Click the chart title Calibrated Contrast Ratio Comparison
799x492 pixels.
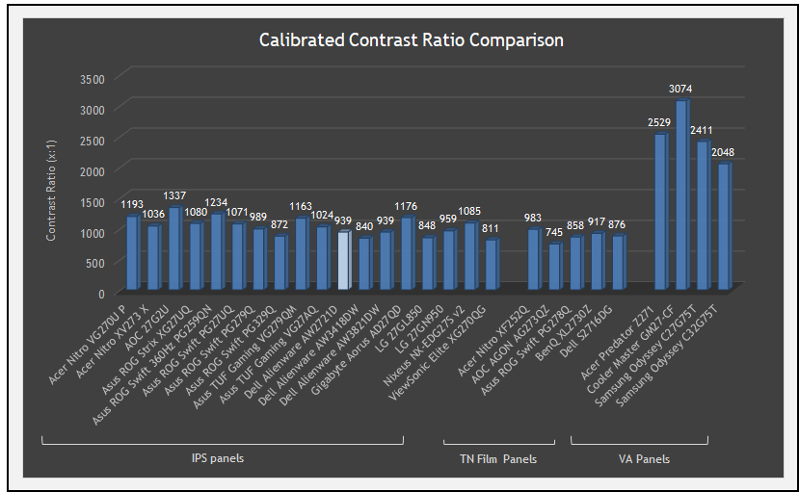pyautogui.click(x=411, y=40)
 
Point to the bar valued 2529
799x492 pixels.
pyautogui.click(x=660, y=211)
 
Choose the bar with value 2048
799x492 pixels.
pyautogui.click(x=724, y=226)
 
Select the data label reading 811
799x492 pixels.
pyautogui.click(x=491, y=228)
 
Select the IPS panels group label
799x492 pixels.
pyautogui.click(x=218, y=458)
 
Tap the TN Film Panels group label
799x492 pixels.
pyautogui.click(x=497, y=459)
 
